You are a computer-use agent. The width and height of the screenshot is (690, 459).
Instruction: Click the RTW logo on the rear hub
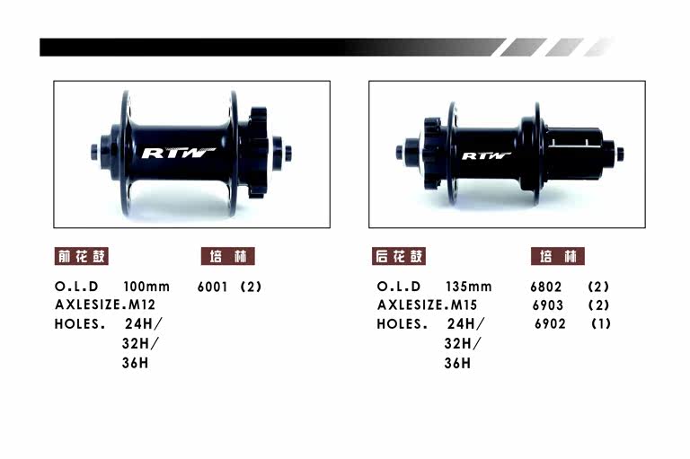point(486,154)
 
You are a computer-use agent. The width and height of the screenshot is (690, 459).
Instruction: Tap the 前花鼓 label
point(82,256)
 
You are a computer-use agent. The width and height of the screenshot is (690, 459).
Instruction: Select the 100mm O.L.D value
point(146,287)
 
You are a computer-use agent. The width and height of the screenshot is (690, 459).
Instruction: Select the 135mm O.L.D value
point(468,287)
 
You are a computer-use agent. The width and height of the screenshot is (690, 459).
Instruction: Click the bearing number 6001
point(212,287)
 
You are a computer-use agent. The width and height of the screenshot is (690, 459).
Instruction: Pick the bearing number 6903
point(548,305)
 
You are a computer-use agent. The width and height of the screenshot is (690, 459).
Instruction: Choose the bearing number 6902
point(550,324)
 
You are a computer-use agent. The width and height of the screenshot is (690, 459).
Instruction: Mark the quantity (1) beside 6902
point(600,324)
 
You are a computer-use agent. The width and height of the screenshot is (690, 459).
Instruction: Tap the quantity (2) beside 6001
point(251,287)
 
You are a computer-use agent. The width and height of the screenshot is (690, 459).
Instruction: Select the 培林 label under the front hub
point(227,256)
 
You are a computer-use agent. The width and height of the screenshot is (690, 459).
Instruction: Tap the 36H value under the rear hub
point(457,363)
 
